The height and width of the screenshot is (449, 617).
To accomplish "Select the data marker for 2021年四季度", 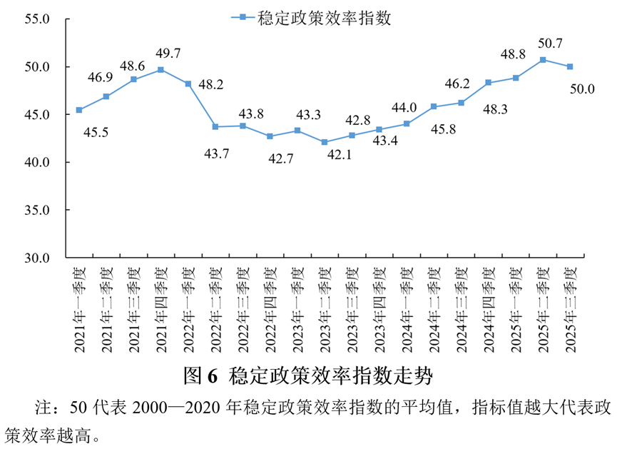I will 160,70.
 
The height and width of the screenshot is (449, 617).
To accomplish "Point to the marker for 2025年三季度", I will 570,67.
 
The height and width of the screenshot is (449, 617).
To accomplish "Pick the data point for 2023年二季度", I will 325,142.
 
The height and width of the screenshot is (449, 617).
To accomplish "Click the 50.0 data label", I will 582,89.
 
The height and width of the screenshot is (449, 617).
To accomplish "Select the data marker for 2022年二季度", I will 215,127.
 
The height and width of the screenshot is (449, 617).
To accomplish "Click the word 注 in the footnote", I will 42,409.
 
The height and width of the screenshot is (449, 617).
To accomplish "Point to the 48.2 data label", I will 210,84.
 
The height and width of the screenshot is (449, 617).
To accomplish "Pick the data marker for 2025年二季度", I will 543,60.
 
